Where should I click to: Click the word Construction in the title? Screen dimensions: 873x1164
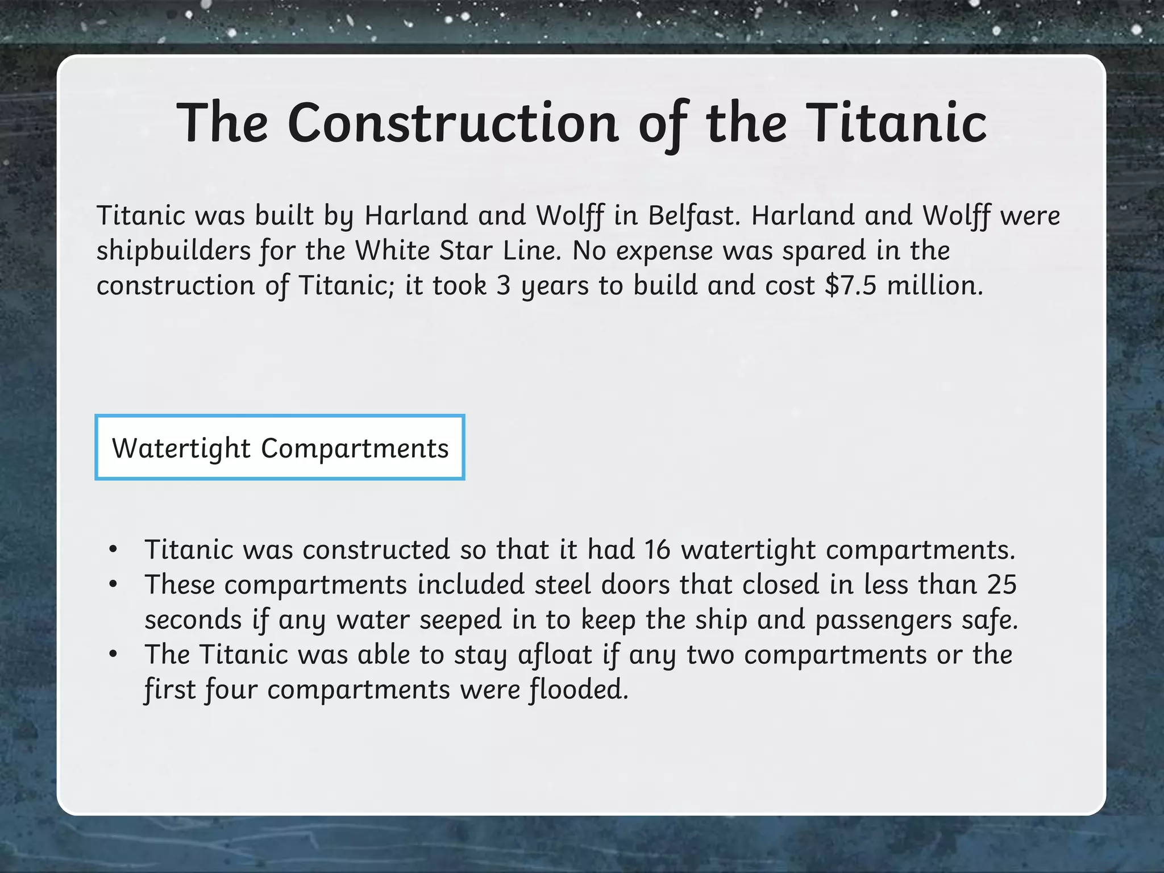click(x=452, y=123)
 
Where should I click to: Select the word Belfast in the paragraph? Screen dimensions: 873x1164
click(x=695, y=216)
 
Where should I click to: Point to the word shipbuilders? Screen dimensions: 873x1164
click(x=173, y=251)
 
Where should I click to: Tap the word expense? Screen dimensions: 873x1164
click(x=664, y=251)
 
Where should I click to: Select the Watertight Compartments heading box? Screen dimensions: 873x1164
click(x=280, y=448)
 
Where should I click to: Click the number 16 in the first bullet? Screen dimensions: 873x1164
click(x=658, y=550)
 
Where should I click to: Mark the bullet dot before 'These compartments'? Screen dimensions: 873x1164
click(x=113, y=585)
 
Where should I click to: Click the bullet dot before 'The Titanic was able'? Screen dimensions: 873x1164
click(x=113, y=655)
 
